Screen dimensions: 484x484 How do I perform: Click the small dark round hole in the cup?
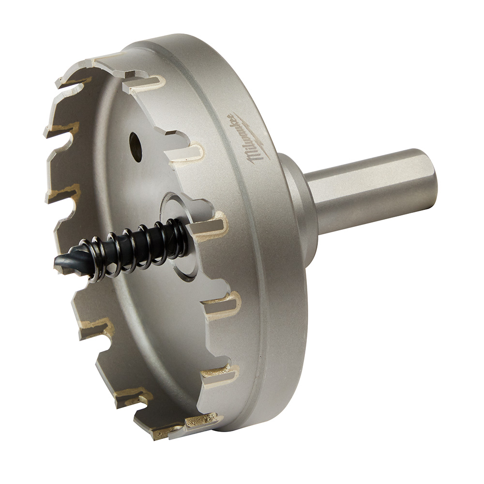pos(135,147)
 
